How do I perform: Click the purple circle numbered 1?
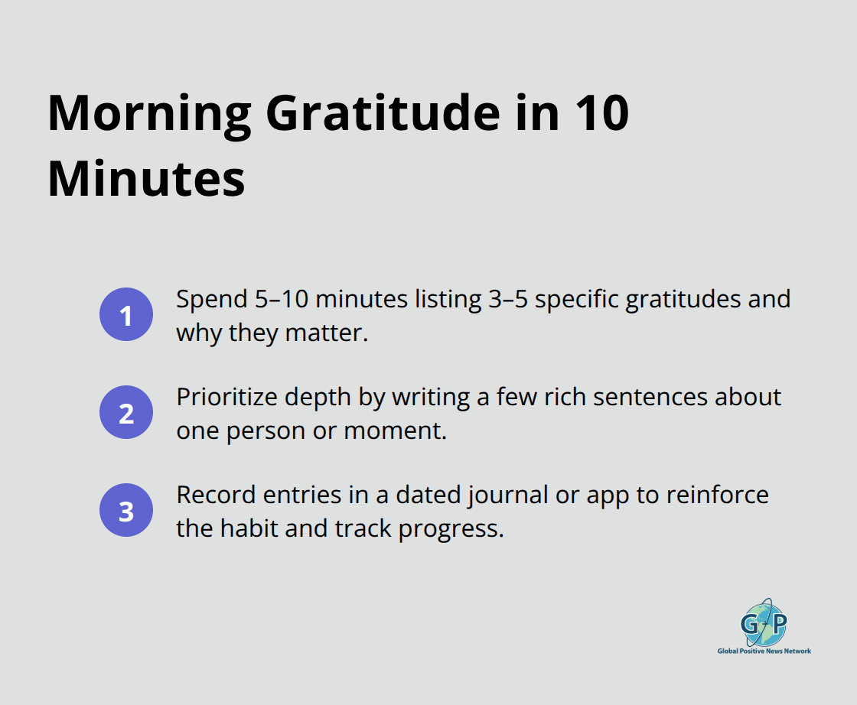coord(126,314)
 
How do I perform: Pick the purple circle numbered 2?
coord(126,412)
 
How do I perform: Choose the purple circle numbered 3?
coord(126,510)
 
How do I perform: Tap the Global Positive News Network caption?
coord(764,651)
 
